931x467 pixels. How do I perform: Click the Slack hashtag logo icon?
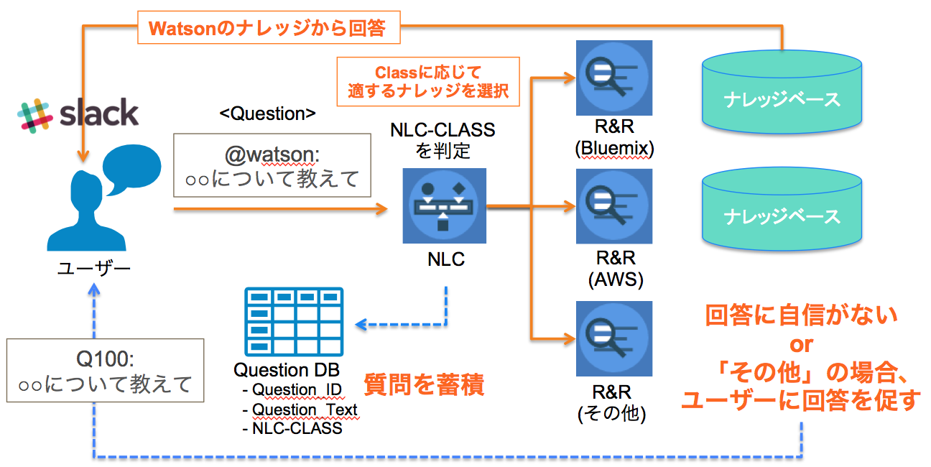[x=37, y=115]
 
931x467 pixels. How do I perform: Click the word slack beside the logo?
[x=98, y=114]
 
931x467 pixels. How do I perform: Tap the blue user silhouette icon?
[x=79, y=212]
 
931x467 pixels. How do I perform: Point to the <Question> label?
[x=267, y=114]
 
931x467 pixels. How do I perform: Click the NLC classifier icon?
[x=444, y=205]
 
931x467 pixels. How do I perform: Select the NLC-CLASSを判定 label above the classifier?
[x=443, y=140]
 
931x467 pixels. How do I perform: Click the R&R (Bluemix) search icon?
[x=613, y=78]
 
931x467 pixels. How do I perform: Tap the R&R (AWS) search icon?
[x=613, y=206]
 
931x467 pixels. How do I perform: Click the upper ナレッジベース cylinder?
[x=782, y=90]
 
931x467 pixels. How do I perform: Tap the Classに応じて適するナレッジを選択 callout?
[x=428, y=81]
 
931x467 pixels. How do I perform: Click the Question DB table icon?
[x=293, y=320]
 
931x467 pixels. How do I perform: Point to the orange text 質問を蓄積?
[x=424, y=384]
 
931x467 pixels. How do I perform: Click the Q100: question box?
[x=105, y=371]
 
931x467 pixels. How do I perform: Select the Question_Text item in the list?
[x=304, y=410]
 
